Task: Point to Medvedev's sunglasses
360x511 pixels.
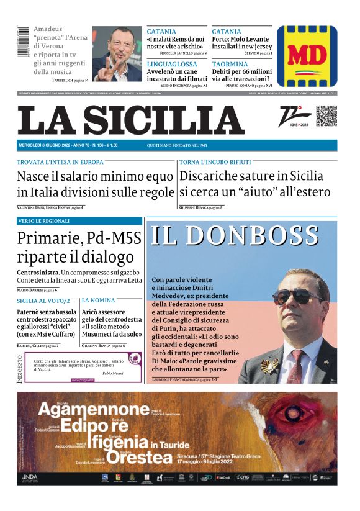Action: pos(298,296)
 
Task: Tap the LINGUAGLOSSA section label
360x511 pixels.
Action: pos(172,64)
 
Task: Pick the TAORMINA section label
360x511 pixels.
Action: pos(230,64)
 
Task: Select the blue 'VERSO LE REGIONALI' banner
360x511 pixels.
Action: pos(79,221)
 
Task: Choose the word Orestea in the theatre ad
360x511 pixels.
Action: pos(138,458)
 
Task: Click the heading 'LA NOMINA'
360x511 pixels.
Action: pos(98,301)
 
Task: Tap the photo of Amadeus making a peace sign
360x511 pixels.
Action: pos(117,53)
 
